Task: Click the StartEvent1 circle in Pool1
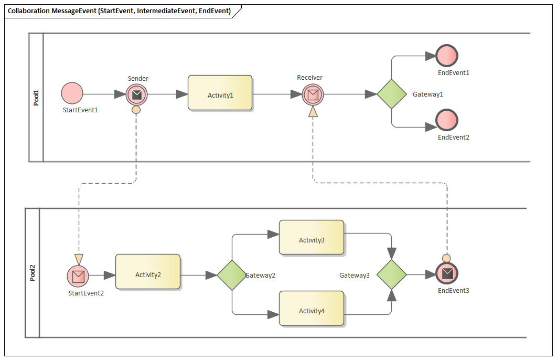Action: pos(72,93)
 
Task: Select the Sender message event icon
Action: pos(136,94)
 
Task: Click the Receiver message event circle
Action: pos(313,94)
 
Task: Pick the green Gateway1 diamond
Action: pos(392,94)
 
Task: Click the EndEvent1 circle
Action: pos(447,56)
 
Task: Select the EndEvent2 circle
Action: pos(447,120)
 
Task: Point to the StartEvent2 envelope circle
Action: pos(78,276)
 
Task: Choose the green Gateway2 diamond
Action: pos(232,275)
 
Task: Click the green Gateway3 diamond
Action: pos(392,274)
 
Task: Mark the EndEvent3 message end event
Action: pos(447,273)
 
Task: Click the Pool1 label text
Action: pos(36,98)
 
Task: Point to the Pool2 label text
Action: pos(33,273)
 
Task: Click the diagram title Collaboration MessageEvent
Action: pos(119,11)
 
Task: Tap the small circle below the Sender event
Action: pos(136,110)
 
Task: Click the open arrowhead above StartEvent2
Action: pos(79,259)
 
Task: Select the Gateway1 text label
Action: pos(428,94)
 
